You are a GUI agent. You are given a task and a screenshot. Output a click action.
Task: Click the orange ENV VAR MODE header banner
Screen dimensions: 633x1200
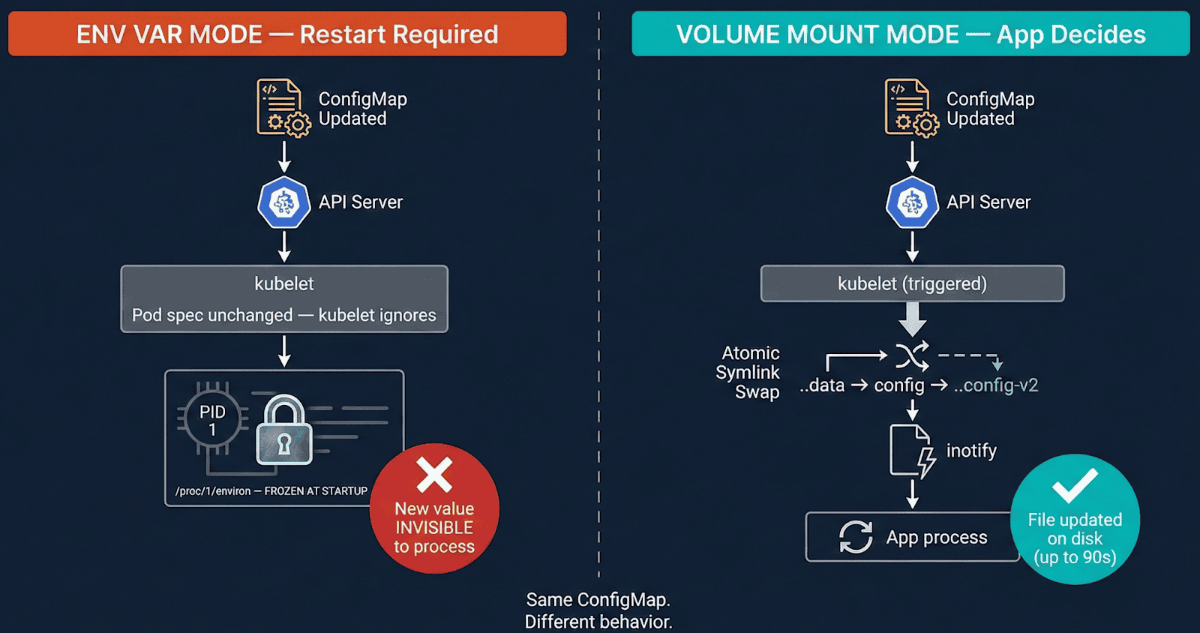click(x=287, y=34)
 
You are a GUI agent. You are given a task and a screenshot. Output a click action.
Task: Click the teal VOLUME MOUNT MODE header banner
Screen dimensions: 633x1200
click(x=910, y=34)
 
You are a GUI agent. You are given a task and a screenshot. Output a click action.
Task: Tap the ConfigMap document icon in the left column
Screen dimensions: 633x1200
click(x=282, y=108)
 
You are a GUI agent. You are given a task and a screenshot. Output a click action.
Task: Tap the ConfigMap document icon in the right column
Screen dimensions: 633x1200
click(x=910, y=108)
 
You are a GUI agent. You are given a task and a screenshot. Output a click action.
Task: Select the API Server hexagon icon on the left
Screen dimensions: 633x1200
click(x=284, y=202)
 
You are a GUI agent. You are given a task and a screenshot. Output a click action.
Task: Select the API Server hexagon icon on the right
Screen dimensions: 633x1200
click(x=912, y=202)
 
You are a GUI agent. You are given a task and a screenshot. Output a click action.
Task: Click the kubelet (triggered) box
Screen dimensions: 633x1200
click(x=912, y=283)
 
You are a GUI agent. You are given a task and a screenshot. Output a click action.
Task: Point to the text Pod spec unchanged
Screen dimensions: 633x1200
click(x=212, y=315)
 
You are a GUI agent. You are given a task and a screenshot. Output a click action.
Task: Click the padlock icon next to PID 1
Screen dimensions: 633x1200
click(x=284, y=431)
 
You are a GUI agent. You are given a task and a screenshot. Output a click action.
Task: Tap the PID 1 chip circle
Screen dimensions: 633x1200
click(x=212, y=420)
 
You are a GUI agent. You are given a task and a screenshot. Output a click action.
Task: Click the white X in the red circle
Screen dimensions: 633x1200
click(x=434, y=475)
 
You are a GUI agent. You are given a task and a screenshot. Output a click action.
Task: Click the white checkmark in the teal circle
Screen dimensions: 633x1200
click(x=1075, y=486)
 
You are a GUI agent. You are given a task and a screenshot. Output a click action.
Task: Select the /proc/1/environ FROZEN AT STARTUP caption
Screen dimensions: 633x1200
click(x=271, y=491)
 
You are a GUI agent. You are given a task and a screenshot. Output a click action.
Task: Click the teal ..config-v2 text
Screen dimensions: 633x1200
click(x=996, y=385)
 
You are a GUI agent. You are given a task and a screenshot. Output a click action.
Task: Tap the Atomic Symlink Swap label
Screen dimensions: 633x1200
click(x=748, y=373)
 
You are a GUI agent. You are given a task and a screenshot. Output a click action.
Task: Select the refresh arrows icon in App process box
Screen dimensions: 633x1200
click(x=856, y=537)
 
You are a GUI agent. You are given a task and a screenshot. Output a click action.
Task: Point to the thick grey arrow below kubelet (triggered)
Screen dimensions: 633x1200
click(x=912, y=319)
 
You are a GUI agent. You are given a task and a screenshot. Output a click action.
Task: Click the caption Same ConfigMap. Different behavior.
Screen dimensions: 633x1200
click(x=598, y=610)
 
